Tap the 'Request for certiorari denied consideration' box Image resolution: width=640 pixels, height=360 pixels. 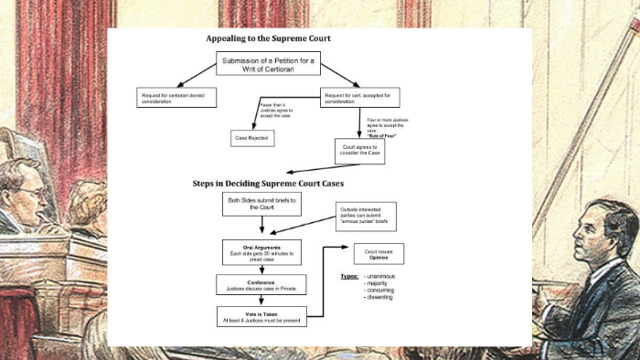click(176, 96)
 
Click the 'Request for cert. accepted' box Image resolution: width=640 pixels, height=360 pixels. click(362, 96)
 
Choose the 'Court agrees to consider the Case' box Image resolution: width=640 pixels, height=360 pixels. click(359, 150)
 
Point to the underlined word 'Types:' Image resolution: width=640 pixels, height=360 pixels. click(348, 275)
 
